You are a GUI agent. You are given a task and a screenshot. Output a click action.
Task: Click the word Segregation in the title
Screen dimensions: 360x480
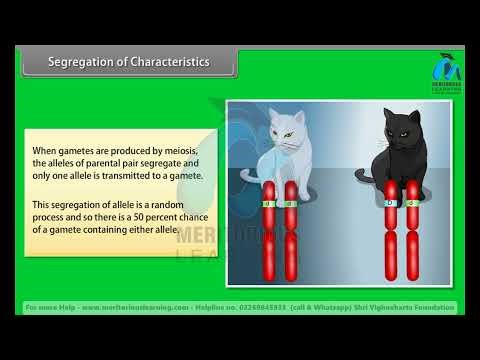81,62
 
